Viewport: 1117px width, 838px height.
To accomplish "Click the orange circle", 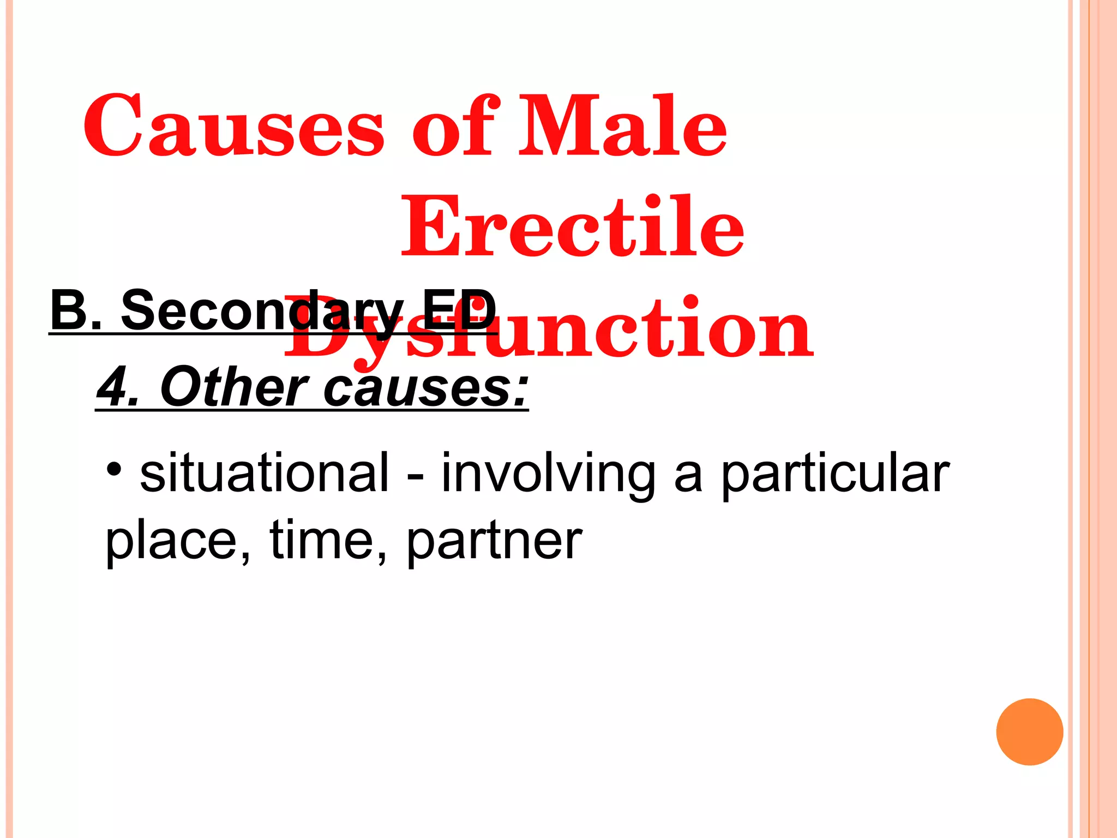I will click(x=1029, y=732).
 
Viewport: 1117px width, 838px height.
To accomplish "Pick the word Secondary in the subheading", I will click(x=262, y=311).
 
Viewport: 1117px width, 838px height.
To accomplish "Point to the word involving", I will click(x=548, y=474).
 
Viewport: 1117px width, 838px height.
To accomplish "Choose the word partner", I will click(x=494, y=542).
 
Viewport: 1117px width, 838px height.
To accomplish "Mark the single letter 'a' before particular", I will click(x=688, y=476).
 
